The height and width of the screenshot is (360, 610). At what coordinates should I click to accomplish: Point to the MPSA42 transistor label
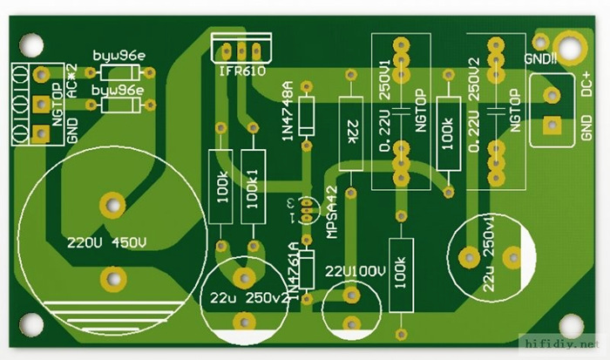330,213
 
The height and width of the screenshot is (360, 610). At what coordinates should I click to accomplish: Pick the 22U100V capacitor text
355,271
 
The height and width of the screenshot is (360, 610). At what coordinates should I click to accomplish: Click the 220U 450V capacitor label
106,241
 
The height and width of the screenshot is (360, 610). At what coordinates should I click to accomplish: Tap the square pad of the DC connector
551,126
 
